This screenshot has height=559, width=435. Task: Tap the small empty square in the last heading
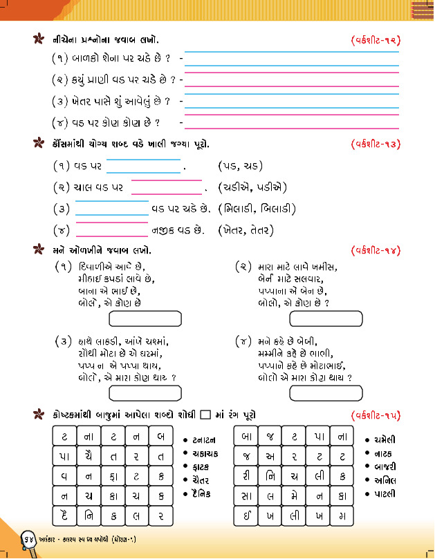pyautogui.click(x=205, y=415)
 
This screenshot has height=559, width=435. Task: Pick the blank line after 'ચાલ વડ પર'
pyautogui.click(x=166, y=187)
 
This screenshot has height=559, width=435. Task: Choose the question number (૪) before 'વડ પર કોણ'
pyautogui.click(x=59, y=123)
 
